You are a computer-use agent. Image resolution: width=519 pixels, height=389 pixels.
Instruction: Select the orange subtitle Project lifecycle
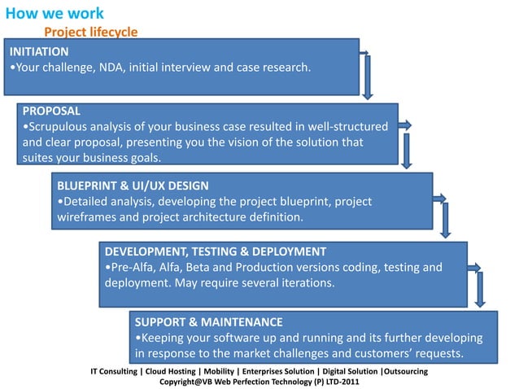pos(90,32)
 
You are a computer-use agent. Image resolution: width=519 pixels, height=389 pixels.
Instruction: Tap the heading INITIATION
pos(39,50)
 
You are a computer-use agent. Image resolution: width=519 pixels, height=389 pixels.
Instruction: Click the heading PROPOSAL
pos(51,110)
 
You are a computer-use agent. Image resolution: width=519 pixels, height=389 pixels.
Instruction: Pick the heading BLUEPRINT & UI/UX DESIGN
pos(133,185)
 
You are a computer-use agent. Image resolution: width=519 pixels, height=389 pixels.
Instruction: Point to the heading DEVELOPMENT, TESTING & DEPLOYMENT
pos(216,251)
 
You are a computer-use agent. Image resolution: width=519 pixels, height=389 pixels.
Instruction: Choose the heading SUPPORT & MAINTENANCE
pos(209,321)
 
